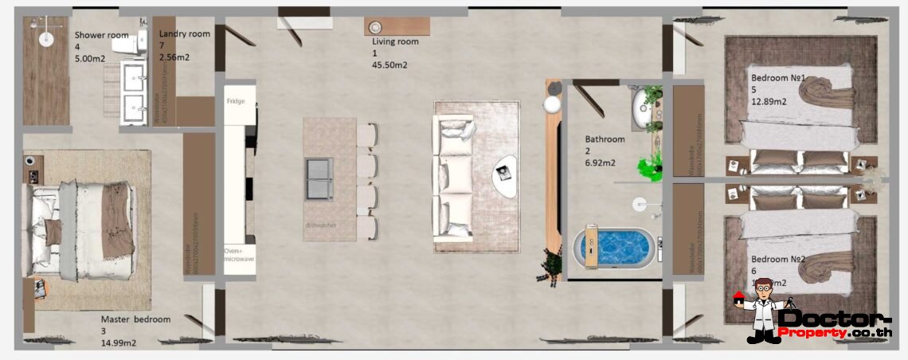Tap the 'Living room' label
395,41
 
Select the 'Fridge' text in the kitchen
235,101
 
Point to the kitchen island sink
319,178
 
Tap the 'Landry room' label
184,33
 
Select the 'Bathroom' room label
605,139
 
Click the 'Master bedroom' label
135,319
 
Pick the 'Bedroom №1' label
779,78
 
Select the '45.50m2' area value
390,65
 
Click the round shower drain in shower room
45,36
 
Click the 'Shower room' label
101,35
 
